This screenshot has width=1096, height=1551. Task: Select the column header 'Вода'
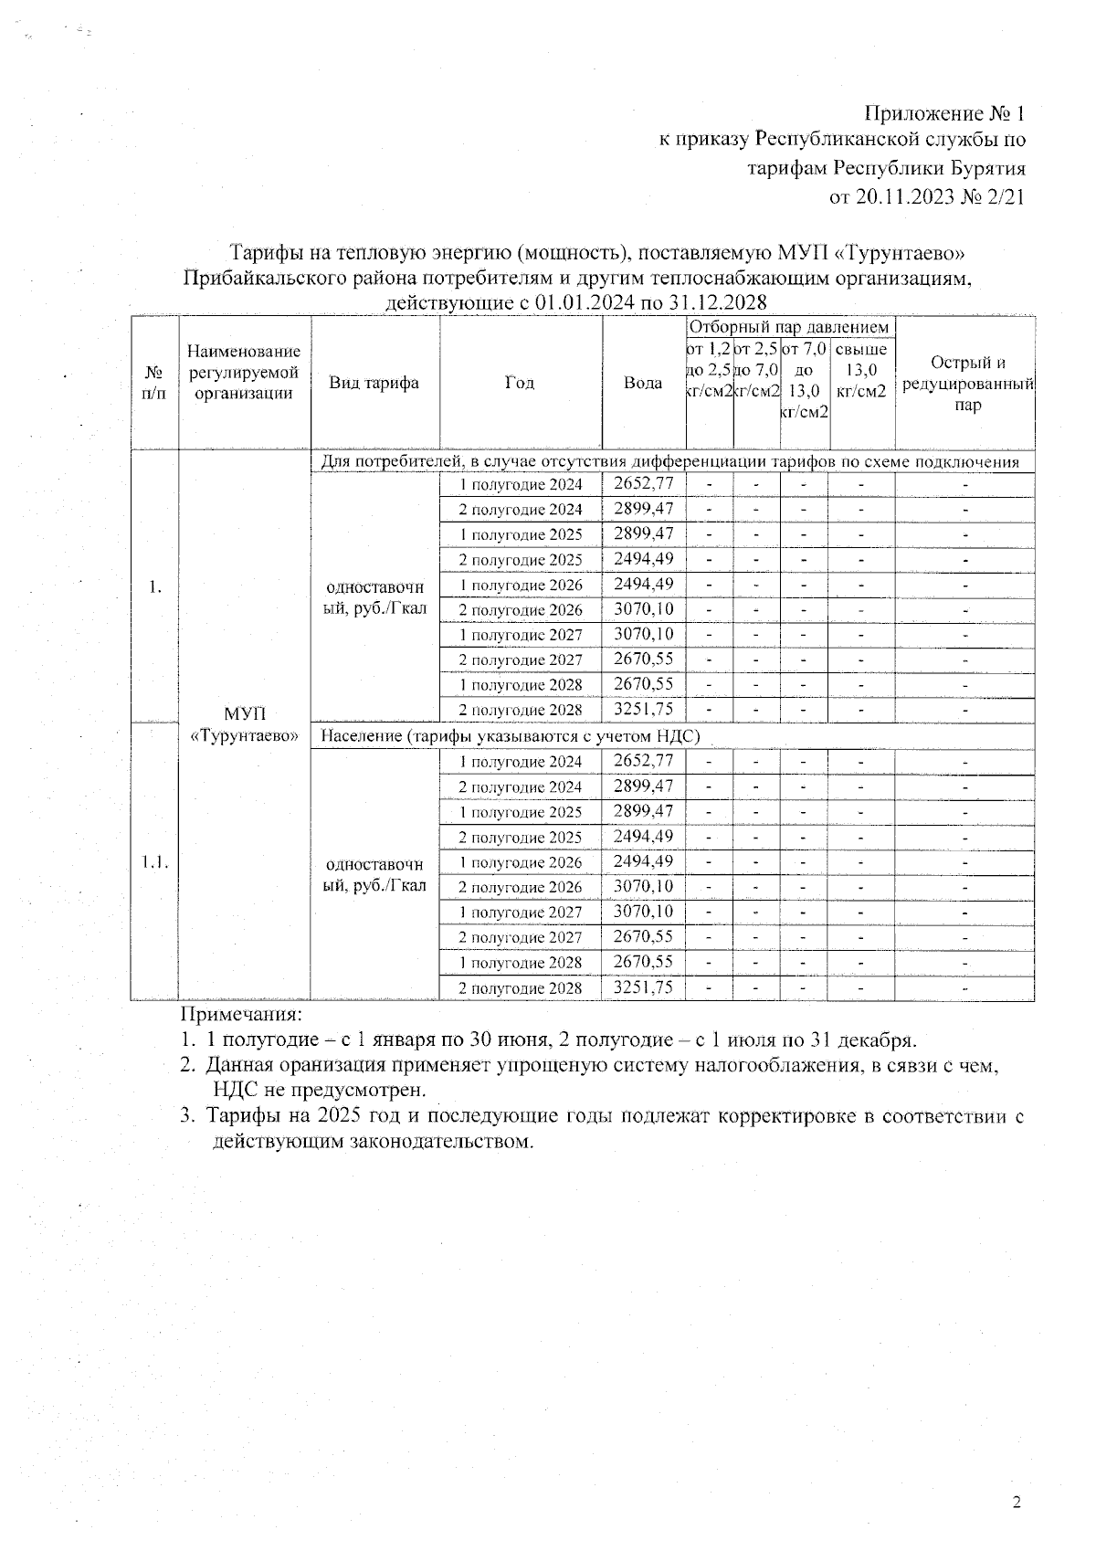point(643,383)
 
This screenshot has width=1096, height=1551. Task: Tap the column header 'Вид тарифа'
point(374,383)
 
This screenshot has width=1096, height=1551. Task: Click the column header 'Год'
point(520,383)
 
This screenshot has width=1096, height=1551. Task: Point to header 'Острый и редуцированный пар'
point(967,384)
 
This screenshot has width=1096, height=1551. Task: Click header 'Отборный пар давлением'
point(789,327)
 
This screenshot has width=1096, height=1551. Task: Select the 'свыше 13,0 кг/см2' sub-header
point(861,370)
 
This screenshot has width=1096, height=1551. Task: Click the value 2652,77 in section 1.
point(643,484)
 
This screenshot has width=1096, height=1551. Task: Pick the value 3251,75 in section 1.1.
point(643,987)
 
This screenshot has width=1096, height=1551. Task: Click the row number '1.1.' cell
point(153,861)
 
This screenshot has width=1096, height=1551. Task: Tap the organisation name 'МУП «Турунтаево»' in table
point(244,724)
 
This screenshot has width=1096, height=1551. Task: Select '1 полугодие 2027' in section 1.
point(520,635)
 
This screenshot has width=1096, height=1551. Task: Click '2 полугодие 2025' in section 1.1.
point(520,838)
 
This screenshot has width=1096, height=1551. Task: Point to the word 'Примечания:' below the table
point(241,1015)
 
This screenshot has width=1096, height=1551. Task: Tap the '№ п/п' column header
point(154,383)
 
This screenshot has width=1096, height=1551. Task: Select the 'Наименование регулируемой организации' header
point(244,373)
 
